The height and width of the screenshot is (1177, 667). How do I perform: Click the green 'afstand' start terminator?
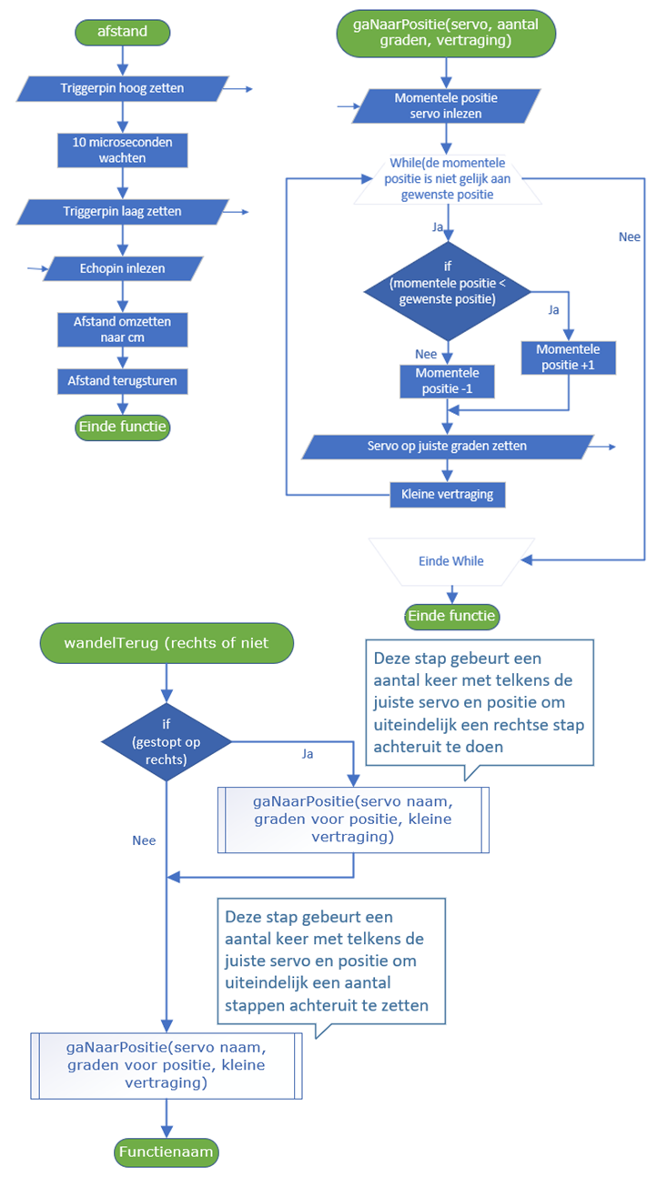point(122,33)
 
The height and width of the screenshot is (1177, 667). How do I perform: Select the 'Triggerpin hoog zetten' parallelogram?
point(122,88)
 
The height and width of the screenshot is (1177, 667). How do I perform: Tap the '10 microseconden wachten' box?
point(122,150)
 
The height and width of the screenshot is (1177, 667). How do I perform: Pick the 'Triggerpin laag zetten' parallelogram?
point(122,211)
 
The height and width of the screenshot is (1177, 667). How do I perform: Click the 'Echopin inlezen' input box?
point(122,268)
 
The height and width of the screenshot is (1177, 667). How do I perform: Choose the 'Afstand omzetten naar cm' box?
point(122,329)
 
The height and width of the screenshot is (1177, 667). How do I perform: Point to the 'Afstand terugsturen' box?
point(122,381)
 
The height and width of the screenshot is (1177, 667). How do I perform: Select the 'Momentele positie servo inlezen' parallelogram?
point(446,106)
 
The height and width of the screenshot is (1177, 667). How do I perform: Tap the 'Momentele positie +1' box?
point(567,357)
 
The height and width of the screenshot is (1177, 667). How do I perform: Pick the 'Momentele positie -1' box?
point(446,381)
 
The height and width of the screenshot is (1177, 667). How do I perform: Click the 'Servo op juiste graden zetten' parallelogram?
point(446,447)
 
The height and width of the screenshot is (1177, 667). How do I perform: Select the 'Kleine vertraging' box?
point(446,495)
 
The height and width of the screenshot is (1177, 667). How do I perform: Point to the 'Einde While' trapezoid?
point(450,561)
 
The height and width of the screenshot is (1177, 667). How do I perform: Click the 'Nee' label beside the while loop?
point(629,237)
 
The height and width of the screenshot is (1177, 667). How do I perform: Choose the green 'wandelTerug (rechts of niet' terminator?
point(167,643)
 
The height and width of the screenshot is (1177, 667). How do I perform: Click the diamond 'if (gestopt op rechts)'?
point(166,740)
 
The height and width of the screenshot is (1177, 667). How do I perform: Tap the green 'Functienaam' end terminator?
point(167,1152)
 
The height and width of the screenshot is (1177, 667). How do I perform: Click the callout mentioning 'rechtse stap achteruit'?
point(479,701)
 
